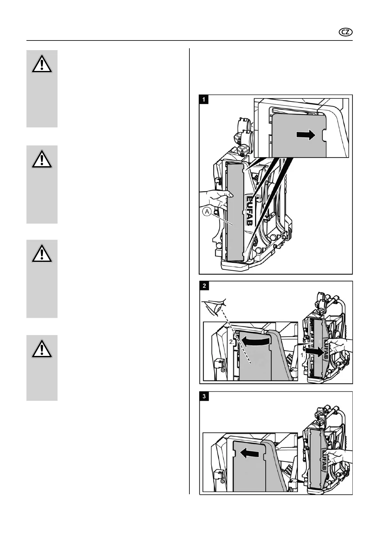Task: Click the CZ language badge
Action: point(346,32)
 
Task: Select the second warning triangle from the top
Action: point(42,160)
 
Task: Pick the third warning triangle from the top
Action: point(42,254)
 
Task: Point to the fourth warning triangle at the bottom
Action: point(42,349)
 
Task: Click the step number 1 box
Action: point(204,100)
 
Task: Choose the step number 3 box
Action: point(204,396)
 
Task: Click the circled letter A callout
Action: point(207,212)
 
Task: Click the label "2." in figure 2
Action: point(232,342)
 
